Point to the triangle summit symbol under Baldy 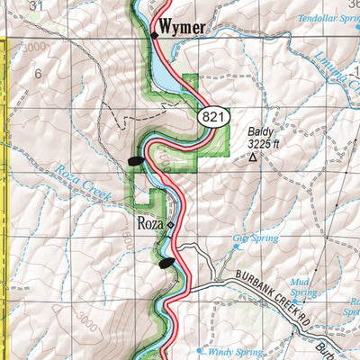click(x=252, y=157)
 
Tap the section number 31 click(x=36, y=6)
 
